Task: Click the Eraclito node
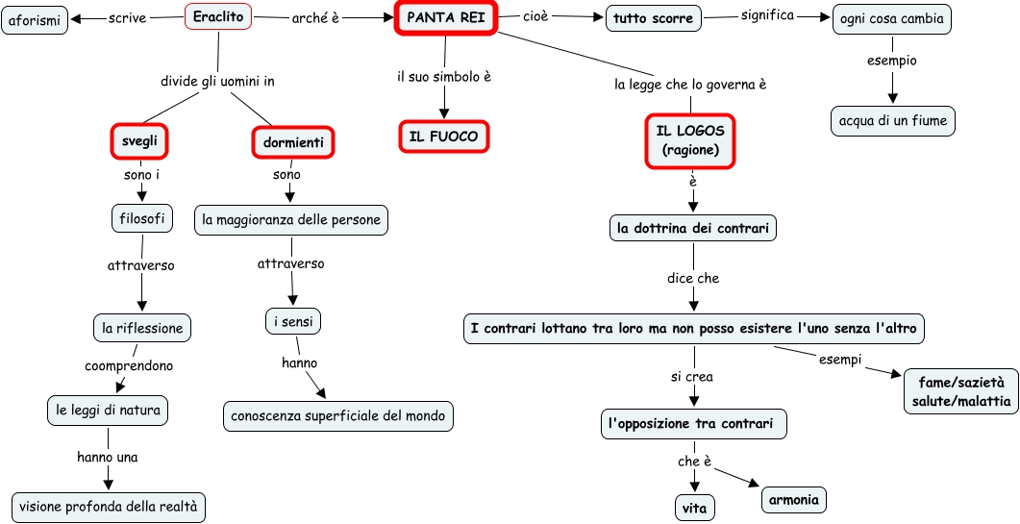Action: (217, 16)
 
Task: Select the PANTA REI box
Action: (445, 17)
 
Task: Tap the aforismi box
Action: (35, 20)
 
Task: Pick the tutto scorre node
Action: (653, 18)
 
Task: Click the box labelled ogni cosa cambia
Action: (891, 19)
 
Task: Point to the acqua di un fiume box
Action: (892, 121)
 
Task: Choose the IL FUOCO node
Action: (443, 137)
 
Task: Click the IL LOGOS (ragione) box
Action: (690, 140)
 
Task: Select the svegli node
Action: (139, 140)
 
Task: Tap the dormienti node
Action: (292, 143)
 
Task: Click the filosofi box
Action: (141, 219)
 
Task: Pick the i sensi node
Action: (292, 321)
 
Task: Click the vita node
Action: (694, 507)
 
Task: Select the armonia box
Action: (794, 500)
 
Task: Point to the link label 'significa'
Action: (767, 15)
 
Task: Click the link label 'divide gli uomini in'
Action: (217, 82)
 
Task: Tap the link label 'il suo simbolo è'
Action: (444, 76)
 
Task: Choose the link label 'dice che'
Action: (693, 279)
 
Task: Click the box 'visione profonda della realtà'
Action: (108, 507)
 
